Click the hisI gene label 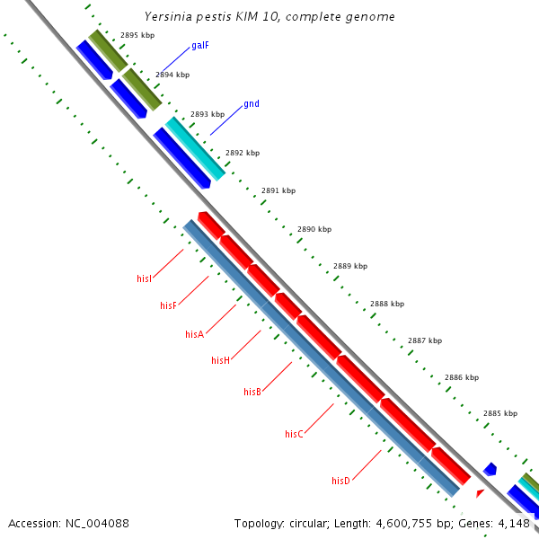pos(144,279)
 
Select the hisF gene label pos(168,306)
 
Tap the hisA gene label pos(194,334)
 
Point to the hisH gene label pos(220,360)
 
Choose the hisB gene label pos(252,392)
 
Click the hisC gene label pos(294,434)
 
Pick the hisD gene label pos(340,481)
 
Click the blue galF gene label pos(200,45)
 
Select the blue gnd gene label pos(252,104)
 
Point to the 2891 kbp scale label pos(278,190)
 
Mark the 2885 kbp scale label pos(500,413)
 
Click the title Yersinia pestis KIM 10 pos(269,17)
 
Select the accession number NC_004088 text pos(68,523)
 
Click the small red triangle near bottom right pos(480,493)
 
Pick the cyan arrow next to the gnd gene pos(194,147)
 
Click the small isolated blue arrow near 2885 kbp pos(490,469)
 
